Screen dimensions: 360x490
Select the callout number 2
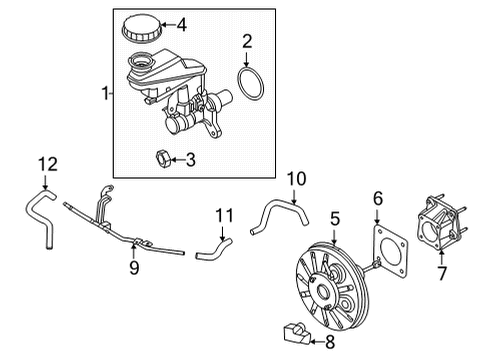click(246, 41)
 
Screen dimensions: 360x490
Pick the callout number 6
click(378, 200)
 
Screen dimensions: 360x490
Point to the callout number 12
click(42, 163)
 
